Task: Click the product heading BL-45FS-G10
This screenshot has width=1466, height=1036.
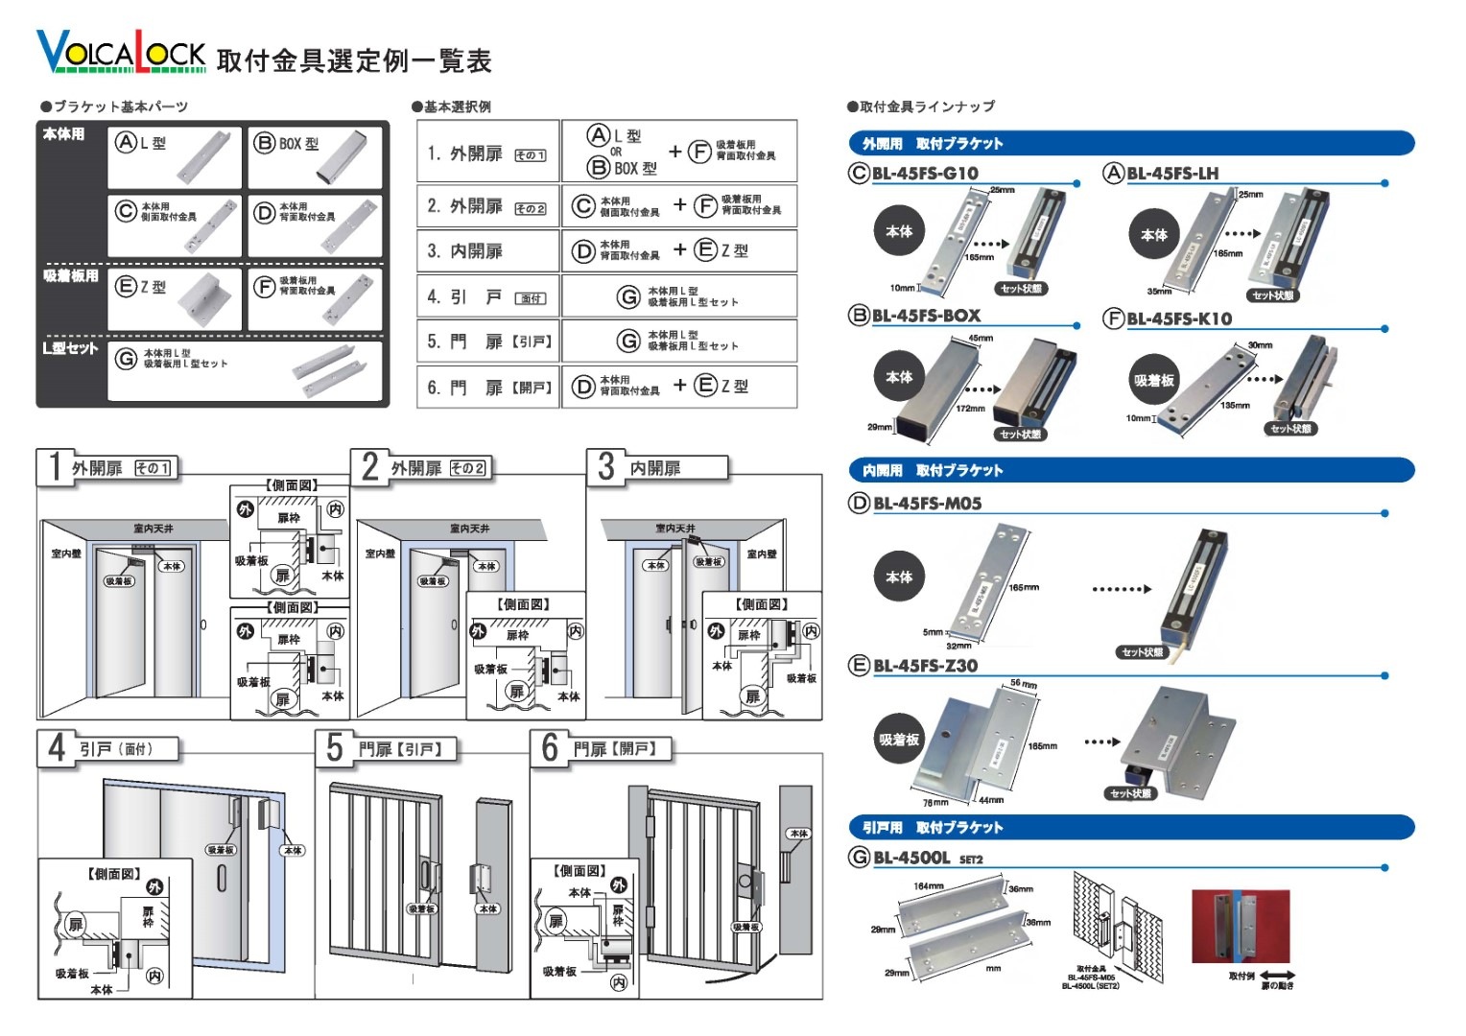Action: (925, 174)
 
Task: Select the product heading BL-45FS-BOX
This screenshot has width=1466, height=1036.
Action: (926, 316)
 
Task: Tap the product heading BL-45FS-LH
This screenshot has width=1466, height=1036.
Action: (1171, 174)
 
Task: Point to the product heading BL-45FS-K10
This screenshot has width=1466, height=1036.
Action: (1178, 318)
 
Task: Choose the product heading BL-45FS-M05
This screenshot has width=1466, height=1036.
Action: (927, 504)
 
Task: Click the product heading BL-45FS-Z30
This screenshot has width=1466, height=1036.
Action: (925, 666)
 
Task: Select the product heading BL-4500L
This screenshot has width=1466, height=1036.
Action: (911, 858)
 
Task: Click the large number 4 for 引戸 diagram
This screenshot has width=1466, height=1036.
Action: (57, 747)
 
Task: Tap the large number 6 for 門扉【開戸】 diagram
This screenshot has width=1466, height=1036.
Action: (550, 747)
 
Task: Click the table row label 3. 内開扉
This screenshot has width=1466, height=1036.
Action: (465, 251)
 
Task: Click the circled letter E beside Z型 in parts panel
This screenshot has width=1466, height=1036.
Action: (125, 287)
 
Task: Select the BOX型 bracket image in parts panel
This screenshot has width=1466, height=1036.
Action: (342, 158)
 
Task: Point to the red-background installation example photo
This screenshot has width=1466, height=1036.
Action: (1240, 926)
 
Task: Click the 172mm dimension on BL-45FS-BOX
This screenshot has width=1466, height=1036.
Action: (970, 409)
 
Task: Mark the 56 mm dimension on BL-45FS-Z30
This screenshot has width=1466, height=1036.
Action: (1023, 684)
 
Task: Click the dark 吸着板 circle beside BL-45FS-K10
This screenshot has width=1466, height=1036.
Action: (1154, 381)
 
